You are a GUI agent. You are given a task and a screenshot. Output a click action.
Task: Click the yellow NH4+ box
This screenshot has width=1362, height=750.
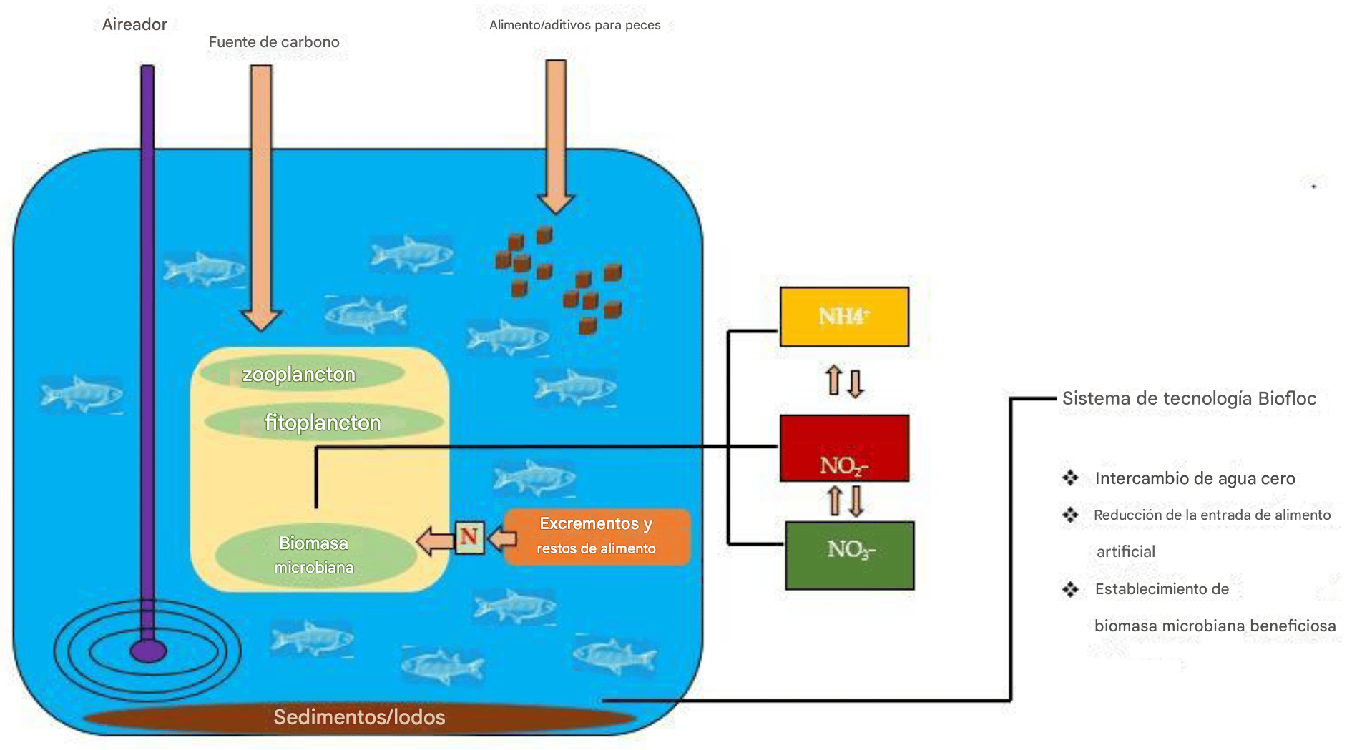coord(844,317)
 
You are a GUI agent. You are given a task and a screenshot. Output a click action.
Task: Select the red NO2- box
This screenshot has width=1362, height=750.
coord(844,448)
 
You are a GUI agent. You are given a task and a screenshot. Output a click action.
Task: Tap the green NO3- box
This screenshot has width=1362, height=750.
coord(849,556)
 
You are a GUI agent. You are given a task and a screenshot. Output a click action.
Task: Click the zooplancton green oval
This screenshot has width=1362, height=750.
coord(302,373)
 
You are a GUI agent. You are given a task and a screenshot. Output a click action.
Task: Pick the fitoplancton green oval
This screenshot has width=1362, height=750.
coord(323,422)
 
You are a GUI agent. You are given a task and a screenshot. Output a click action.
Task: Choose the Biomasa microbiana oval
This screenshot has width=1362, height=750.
coord(315,556)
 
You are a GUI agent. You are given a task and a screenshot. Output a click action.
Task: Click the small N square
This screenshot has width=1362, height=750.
coord(469,538)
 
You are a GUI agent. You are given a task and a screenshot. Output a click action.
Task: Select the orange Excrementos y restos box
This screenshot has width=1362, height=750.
coord(597,537)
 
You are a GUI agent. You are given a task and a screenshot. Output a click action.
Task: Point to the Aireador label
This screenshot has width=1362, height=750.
coord(134,24)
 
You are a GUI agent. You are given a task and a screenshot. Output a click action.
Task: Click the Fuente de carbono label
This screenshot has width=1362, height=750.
coord(274,42)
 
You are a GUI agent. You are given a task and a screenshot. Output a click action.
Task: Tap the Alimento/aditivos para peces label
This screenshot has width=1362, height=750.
coord(575,25)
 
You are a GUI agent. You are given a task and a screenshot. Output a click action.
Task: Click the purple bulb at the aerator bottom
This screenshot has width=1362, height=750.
coord(148,651)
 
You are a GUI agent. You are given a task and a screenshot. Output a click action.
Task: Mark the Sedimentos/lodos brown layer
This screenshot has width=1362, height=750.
coord(360,717)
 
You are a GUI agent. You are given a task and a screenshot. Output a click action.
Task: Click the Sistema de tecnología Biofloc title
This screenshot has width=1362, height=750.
coord(1189,398)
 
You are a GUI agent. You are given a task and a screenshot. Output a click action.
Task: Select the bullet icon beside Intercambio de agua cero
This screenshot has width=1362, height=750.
coord(1070,478)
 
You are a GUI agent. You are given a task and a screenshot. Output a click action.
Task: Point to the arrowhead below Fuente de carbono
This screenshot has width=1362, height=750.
coord(261,320)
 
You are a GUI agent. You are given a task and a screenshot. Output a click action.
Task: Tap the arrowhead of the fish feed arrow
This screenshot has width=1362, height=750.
coord(556,204)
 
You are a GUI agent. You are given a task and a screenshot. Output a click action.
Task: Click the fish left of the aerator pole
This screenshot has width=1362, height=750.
coord(81,394)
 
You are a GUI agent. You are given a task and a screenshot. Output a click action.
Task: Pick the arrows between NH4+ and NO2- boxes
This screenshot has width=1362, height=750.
coord(845,381)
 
